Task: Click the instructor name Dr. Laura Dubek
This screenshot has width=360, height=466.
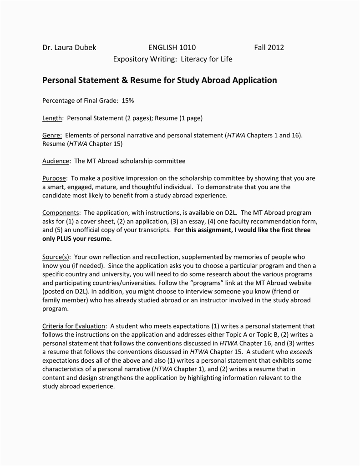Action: [x=69, y=47]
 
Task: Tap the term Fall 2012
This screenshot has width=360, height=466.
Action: [x=269, y=47]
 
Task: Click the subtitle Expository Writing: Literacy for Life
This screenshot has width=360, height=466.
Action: [x=172, y=59]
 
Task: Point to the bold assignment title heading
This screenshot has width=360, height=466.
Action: [x=159, y=81]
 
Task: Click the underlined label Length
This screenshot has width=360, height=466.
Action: [x=52, y=118]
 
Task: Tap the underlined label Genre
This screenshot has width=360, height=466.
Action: [x=51, y=136]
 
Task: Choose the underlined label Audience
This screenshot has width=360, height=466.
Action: [x=56, y=161]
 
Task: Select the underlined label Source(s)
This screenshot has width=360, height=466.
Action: [x=56, y=257]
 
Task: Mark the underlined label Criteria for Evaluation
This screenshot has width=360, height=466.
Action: [x=74, y=326]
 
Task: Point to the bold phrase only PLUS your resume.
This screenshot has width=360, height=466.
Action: [x=77, y=238]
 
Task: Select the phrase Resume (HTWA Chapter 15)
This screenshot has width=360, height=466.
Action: [x=82, y=144]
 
